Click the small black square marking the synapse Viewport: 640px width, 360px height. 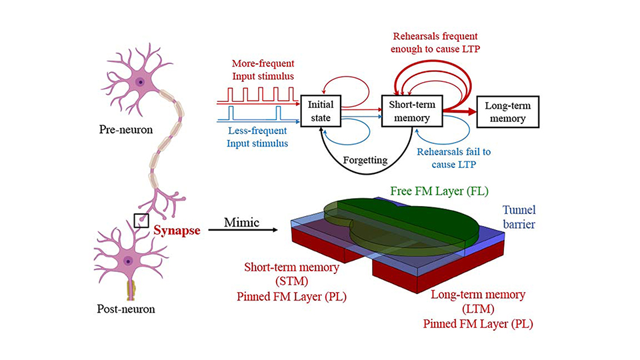(x=141, y=221)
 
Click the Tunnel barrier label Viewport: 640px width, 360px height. (x=519, y=216)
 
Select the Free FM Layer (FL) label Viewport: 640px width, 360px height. (x=440, y=191)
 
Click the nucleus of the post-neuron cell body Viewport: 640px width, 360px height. (x=128, y=261)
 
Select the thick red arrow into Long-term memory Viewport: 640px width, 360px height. (x=460, y=112)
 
